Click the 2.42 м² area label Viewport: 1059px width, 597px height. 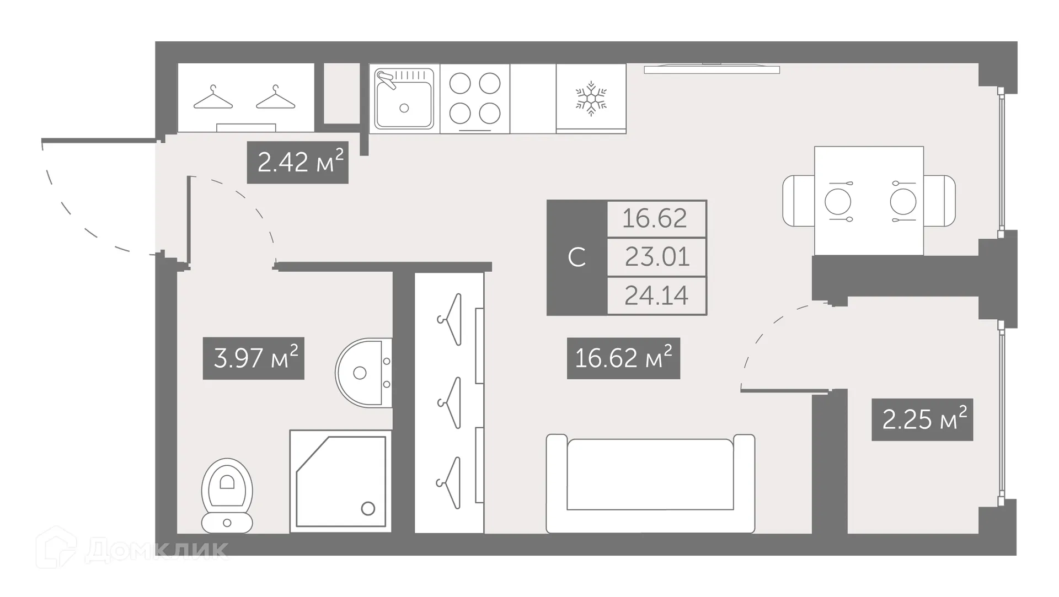(297, 163)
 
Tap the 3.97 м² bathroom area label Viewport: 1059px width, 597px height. (254, 358)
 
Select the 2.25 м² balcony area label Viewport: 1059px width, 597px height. (922, 419)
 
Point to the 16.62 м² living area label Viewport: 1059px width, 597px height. (623, 358)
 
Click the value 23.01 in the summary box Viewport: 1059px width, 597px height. (656, 257)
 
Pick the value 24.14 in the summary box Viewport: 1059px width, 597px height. (656, 295)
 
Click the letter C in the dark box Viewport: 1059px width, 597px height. (576, 257)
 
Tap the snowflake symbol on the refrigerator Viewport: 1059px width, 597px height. (591, 99)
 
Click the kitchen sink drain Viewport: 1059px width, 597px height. (404, 108)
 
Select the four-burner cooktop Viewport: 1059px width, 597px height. (475, 99)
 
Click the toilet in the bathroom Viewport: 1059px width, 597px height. (227, 495)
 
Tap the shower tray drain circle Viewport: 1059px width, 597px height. (368, 508)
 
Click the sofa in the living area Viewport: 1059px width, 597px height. (650, 483)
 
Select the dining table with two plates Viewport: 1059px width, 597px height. (869, 201)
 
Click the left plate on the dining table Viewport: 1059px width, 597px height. (837, 201)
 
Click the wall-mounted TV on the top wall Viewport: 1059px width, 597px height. (712, 69)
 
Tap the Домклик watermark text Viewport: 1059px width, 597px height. (157, 550)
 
